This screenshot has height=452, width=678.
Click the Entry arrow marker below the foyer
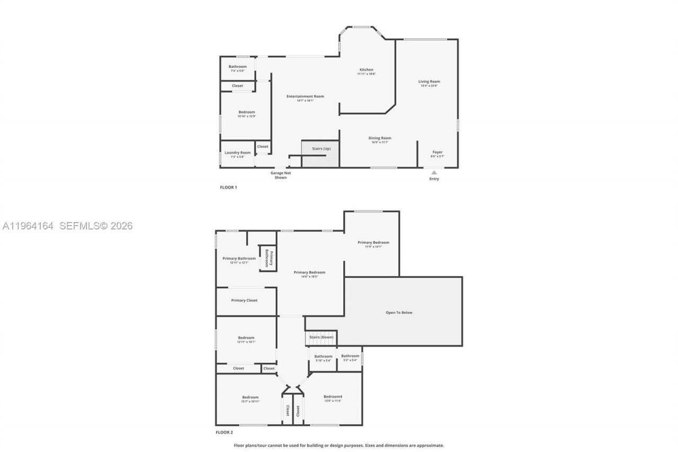434,172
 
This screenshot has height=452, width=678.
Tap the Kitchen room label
367,70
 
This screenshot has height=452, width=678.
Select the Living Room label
429,82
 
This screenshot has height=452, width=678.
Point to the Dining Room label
380,138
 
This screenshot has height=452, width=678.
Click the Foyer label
438,152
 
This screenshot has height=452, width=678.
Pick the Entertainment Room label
305,96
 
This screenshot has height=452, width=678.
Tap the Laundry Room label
237,153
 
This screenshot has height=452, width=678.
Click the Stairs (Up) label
321,148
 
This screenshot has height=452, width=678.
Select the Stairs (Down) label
322,337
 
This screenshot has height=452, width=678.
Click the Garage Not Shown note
281,175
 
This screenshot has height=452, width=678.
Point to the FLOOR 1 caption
228,188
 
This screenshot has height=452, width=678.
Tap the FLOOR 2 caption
224,432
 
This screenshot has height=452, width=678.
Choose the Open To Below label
399,313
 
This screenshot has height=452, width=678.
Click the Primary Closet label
244,300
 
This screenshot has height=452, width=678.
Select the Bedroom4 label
333,397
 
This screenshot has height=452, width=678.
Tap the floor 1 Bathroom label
237,67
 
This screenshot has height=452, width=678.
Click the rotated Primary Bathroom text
269,258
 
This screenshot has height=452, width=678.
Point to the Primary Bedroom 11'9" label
373,243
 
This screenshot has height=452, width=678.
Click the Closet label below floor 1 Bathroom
237,86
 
